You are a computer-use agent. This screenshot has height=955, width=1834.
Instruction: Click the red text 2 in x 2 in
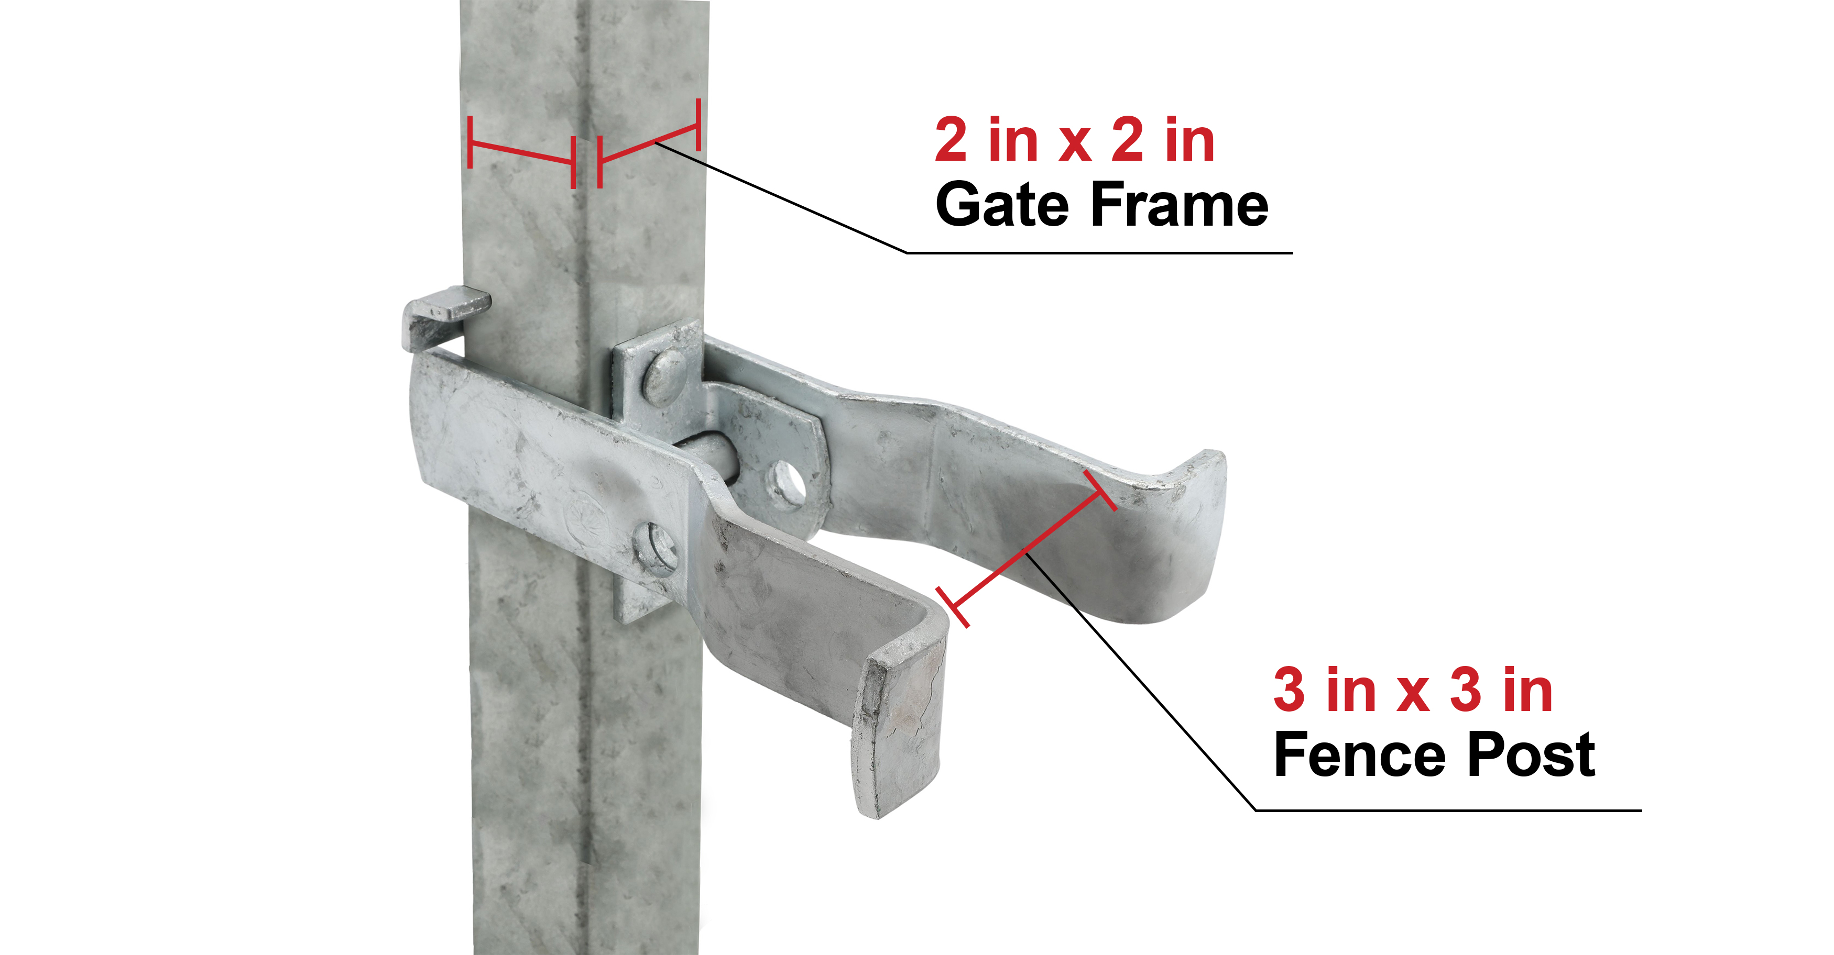pyautogui.click(x=1074, y=140)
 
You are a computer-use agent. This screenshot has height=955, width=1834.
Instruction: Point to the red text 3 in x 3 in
pyautogui.click(x=1413, y=690)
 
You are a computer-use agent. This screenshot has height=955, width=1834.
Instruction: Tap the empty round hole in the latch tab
pyautogui.click(x=785, y=486)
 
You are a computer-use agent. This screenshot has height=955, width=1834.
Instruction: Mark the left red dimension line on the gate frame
pyautogui.click(x=522, y=152)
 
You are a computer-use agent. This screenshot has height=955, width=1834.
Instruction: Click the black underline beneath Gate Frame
pyautogui.click(x=1099, y=253)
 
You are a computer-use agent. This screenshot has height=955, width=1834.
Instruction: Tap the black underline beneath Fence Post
pyautogui.click(x=1448, y=810)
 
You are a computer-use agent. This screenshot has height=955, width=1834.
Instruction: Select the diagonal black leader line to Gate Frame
pyautogui.click(x=781, y=198)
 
